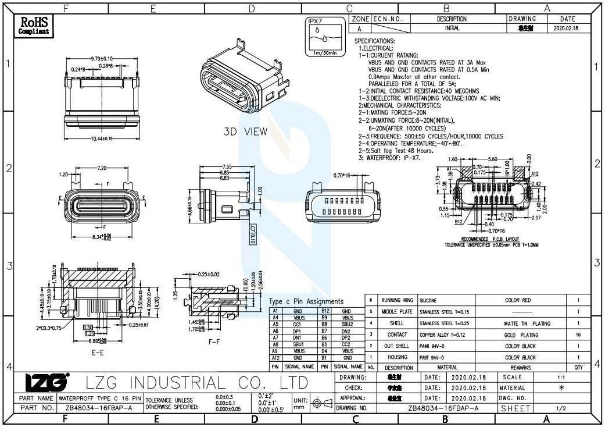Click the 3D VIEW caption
coord(246,131)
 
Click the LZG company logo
coord(47,382)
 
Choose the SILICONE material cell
coord(431,300)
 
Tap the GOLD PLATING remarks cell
coord(521,335)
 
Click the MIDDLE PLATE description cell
coord(397,312)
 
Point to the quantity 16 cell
coord(578,335)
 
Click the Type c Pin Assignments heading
coord(306,301)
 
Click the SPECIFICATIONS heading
coord(374,41)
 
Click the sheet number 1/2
coord(561,408)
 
